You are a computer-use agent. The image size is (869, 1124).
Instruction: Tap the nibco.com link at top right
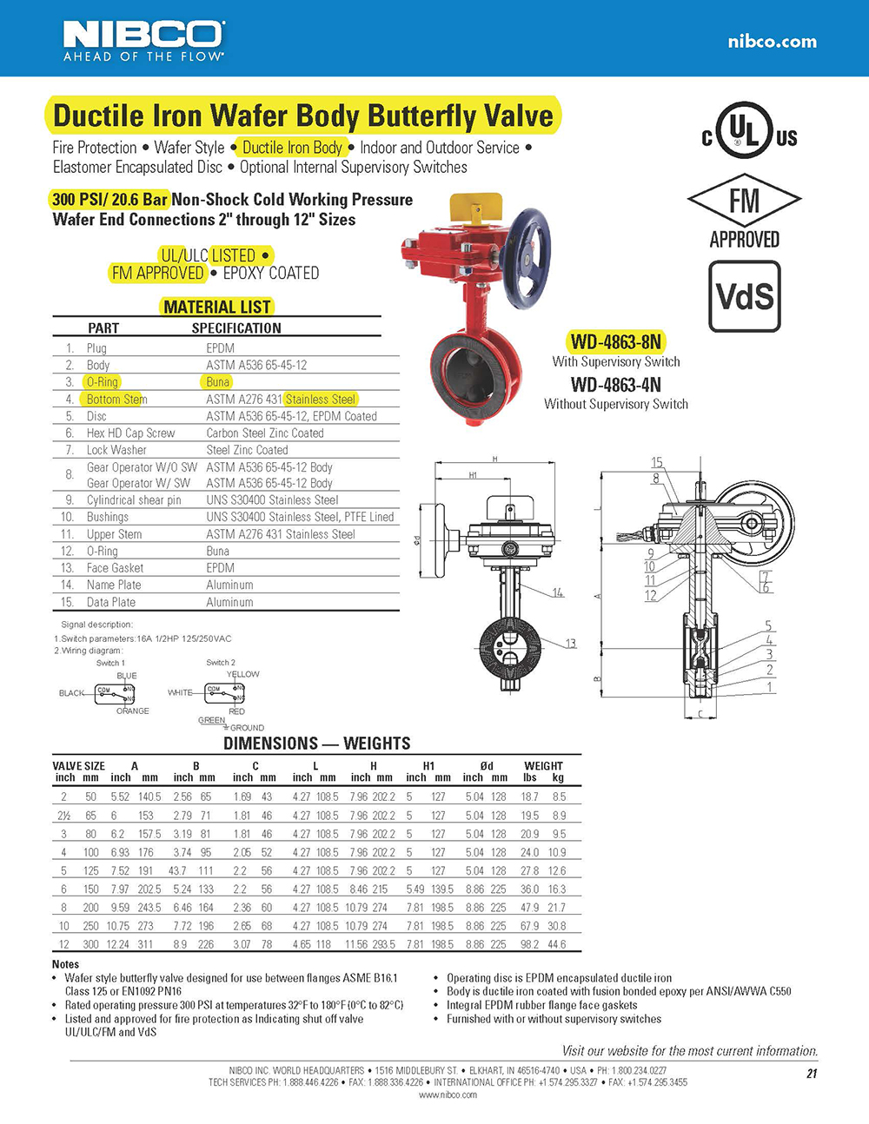click(x=772, y=41)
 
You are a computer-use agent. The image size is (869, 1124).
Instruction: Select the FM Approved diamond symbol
click(x=744, y=201)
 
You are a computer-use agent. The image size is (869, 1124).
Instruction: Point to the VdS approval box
click(x=745, y=297)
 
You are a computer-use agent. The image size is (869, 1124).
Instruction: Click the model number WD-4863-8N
click(x=615, y=341)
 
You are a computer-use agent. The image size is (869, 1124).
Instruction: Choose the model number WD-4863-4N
click(x=615, y=385)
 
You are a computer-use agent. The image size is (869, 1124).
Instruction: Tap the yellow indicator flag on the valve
click(x=474, y=208)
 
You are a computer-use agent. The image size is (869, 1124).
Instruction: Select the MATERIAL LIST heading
click(x=217, y=307)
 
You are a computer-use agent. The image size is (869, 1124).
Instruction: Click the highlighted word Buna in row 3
click(x=218, y=382)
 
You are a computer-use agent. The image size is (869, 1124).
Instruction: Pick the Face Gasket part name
click(x=115, y=568)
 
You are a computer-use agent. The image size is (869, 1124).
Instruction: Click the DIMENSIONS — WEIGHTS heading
click(x=316, y=744)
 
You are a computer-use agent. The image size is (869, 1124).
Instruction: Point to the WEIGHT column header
click(x=543, y=766)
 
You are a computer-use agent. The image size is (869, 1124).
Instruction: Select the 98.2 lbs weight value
click(x=529, y=944)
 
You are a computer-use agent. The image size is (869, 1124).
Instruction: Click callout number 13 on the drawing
click(x=570, y=644)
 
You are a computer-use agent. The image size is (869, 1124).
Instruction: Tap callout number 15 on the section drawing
click(x=657, y=463)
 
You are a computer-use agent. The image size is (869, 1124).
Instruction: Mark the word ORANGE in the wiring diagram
click(x=133, y=711)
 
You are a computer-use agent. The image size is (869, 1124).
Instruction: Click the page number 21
click(x=812, y=1074)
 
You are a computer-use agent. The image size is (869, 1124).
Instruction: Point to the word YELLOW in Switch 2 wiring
click(x=242, y=674)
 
